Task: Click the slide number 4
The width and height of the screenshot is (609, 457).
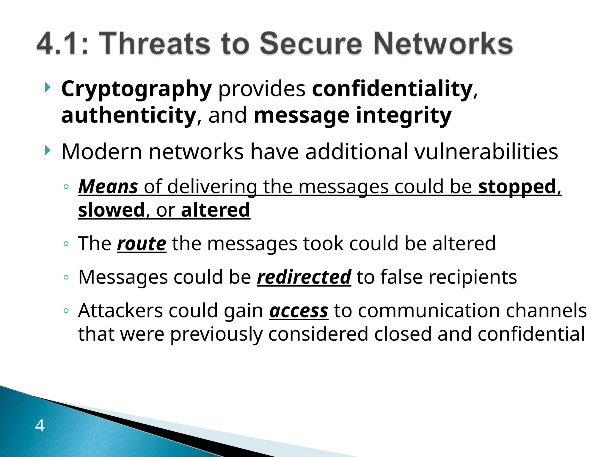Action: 40,425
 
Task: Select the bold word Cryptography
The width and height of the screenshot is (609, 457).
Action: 136,89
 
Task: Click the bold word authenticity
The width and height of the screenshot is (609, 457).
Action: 129,115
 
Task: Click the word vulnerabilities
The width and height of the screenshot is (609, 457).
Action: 486,152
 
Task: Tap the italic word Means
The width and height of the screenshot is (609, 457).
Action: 108,187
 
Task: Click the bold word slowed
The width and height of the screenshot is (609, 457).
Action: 112,210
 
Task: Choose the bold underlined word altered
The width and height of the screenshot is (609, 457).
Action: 216,210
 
